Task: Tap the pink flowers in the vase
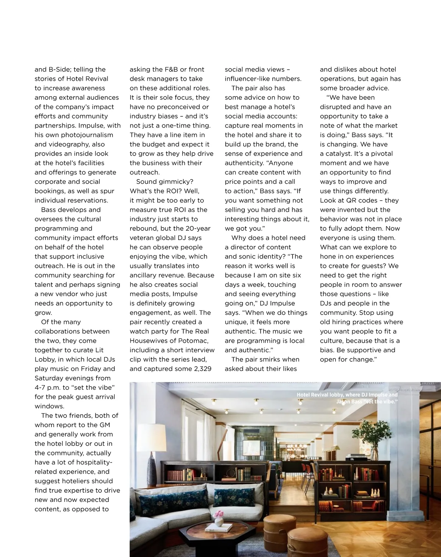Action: [219, 514]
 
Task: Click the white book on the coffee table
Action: [218, 528]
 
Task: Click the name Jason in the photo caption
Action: [343, 401]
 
